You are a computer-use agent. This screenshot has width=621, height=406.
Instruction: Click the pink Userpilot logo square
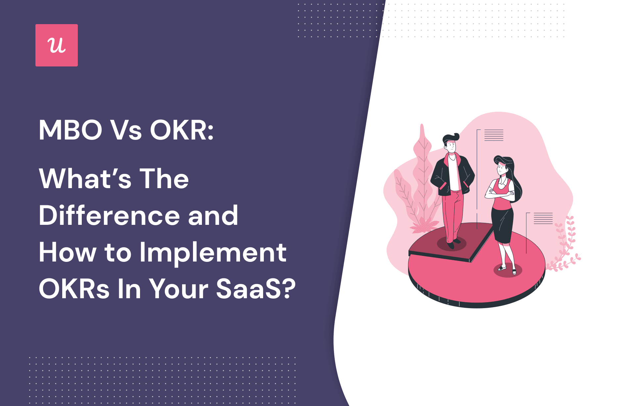click(57, 45)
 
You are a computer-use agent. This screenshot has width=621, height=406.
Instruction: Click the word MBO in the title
click(71, 130)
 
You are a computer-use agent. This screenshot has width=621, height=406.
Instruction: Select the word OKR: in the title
click(182, 130)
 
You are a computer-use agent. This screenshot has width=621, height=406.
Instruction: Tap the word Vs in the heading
click(126, 130)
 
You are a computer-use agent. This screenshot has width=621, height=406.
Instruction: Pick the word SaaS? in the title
click(256, 289)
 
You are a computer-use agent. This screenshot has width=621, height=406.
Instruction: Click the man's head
click(451, 143)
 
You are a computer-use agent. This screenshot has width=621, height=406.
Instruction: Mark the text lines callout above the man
click(494, 135)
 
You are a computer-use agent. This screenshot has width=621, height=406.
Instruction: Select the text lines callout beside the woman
click(543, 219)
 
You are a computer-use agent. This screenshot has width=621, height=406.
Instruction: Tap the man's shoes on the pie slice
click(453, 243)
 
